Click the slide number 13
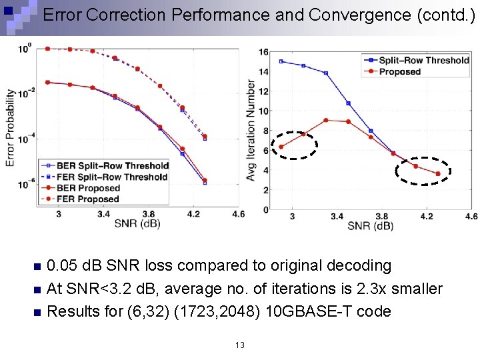tap(240, 345)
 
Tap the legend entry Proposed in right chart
tap(400, 71)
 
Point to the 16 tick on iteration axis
tap(264, 52)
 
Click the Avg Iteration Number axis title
tap(251, 131)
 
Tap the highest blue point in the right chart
tap(281, 61)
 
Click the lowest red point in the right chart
tap(438, 174)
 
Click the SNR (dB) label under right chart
tap(370, 226)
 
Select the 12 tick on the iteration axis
tap(264, 91)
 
